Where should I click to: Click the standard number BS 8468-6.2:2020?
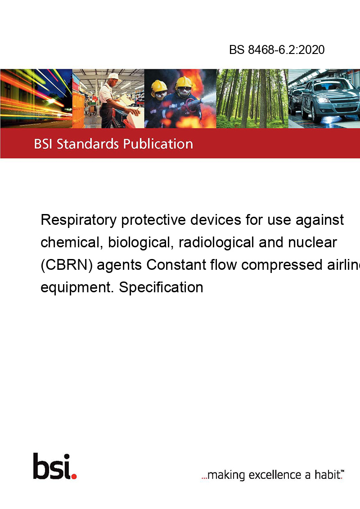[x=277, y=49]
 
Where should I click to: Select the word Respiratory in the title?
[x=79, y=220]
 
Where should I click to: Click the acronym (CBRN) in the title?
[x=67, y=265]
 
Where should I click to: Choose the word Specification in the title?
[x=161, y=287]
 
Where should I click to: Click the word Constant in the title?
[x=176, y=264]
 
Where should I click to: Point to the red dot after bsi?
[x=74, y=476]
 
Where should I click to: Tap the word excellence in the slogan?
[x=275, y=475]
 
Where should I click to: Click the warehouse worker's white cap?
[x=113, y=76]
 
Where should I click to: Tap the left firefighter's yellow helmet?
[x=159, y=86]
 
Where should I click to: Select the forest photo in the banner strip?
[x=252, y=98]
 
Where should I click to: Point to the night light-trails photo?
[x=36, y=98]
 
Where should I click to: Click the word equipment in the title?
[x=77, y=288]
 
